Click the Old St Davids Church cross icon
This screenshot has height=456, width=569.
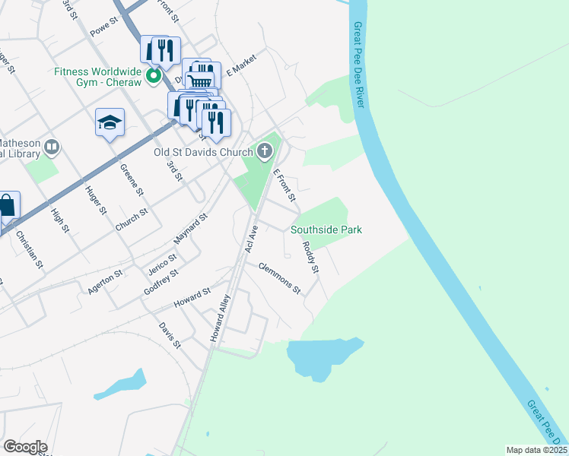pyautogui.click(x=265, y=150)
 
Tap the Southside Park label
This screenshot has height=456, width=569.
pyautogui.click(x=326, y=230)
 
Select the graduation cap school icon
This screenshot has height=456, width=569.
pyautogui.click(x=110, y=122)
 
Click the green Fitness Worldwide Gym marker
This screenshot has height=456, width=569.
pyautogui.click(x=153, y=76)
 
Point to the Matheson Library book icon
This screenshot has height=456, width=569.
pyautogui.click(x=52, y=146)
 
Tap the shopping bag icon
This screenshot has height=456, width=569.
pyautogui.click(x=7, y=205)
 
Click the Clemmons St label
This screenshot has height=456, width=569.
pyautogui.click(x=280, y=278)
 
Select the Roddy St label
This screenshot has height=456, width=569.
pyautogui.click(x=310, y=258)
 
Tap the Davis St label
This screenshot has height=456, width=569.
pyautogui.click(x=170, y=335)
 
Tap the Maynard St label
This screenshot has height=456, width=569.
pyautogui.click(x=191, y=229)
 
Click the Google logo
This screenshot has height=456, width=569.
pyautogui.click(x=24, y=447)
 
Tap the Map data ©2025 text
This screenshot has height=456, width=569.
pyautogui.click(x=536, y=450)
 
